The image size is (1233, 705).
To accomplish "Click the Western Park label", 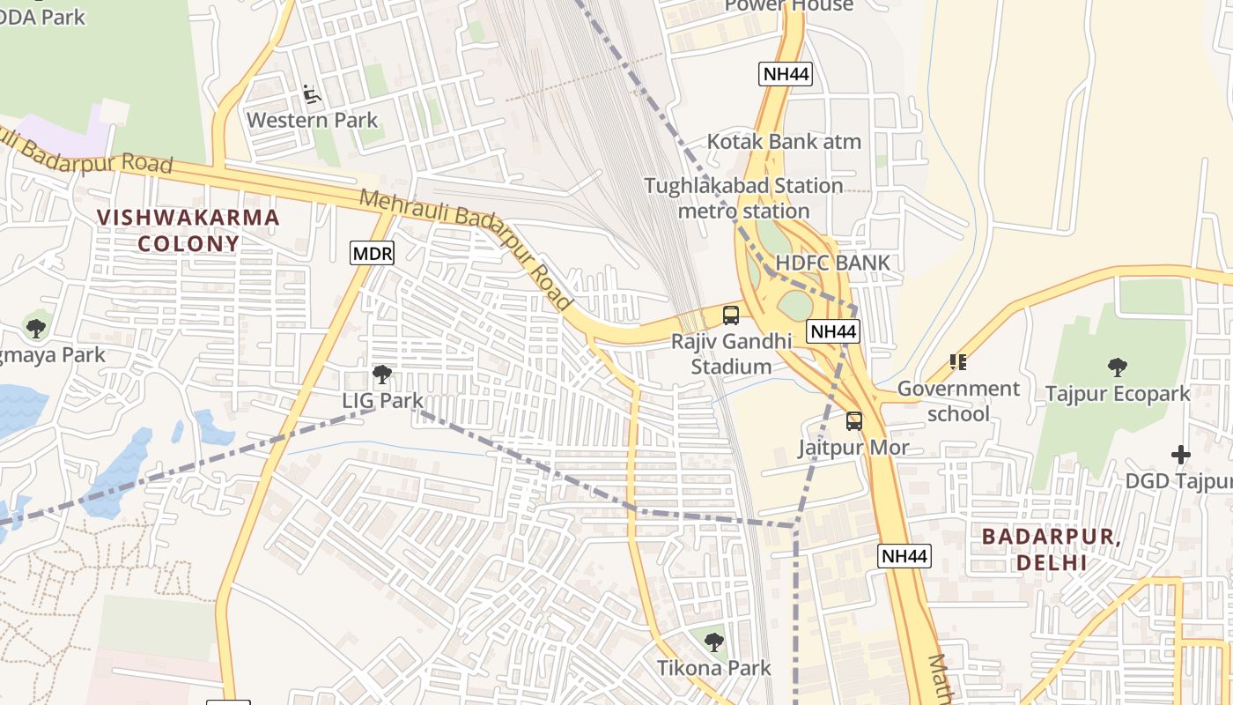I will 312,120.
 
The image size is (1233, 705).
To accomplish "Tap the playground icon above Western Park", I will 311,93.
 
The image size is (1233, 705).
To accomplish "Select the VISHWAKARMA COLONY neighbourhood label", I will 188,230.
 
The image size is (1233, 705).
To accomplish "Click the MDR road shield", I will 372,254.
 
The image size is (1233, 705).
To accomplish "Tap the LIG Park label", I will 382,400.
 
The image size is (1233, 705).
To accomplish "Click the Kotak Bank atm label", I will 784,141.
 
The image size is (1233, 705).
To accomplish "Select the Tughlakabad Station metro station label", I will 744,198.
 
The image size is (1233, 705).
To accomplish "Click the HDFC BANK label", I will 832,263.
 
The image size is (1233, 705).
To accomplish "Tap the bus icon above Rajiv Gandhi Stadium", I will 730,315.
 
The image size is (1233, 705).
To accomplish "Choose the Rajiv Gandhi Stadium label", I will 731,353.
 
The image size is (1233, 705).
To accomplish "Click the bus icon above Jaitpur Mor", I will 853,421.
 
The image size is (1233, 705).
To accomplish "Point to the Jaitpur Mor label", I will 853,448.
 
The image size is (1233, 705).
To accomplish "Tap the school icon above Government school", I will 958,362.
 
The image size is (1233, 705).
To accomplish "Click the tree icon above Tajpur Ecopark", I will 1117,367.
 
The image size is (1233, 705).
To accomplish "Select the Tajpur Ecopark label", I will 1117,394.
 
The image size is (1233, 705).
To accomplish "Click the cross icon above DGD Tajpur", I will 1181,455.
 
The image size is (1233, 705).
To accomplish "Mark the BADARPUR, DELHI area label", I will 1052,548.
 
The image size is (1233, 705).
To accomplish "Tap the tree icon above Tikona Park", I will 714,642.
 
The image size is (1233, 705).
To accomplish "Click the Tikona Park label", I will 714,668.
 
